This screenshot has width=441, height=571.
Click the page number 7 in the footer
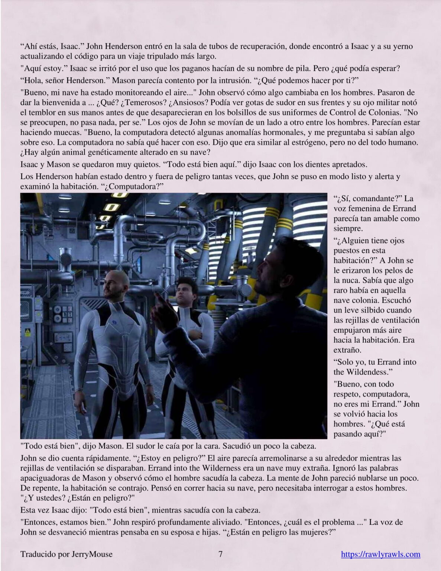point(220,554)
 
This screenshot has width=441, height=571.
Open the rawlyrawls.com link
point(380,554)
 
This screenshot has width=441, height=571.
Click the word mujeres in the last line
point(312,532)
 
